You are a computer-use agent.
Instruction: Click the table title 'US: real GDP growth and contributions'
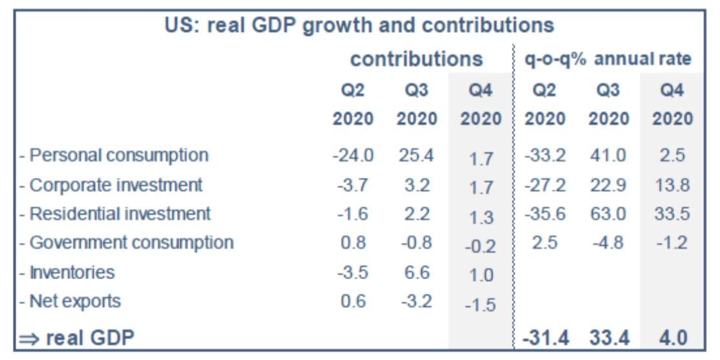coord(359,25)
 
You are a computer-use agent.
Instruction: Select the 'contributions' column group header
coord(416,59)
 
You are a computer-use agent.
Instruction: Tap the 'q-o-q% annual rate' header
coord(607,59)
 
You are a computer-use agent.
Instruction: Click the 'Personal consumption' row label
coord(114,155)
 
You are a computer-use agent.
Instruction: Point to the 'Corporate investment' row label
coord(111,185)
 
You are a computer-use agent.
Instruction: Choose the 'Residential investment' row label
coord(116,213)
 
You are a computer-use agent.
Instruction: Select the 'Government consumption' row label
coord(127,243)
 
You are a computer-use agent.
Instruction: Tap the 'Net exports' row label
coord(70,301)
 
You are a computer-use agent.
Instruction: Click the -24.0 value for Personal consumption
coord(354,156)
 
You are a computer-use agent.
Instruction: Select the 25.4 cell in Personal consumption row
coord(416,156)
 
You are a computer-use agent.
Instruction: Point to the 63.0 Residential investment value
coord(608,214)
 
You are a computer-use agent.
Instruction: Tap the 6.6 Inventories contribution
coord(416,272)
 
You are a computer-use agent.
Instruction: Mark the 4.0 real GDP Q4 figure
coord(672,337)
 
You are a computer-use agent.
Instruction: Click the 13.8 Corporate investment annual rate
coord(672,185)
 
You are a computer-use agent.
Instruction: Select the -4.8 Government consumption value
coord(608,243)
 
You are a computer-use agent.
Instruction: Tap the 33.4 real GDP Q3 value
coord(608,337)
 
